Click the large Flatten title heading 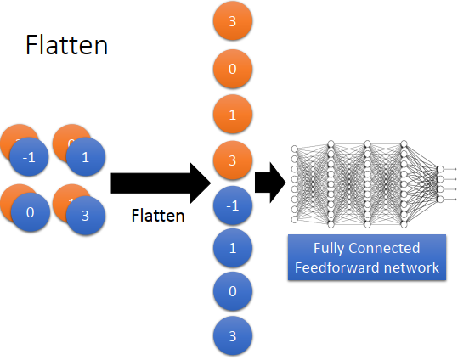click(66, 45)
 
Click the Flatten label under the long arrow click(158, 216)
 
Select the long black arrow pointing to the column click(161, 183)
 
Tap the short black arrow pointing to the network click(270, 183)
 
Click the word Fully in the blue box click(329, 249)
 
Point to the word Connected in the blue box click(384, 248)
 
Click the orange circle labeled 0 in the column click(233, 69)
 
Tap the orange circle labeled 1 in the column click(233, 115)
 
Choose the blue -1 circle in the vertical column click(233, 205)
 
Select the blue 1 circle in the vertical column click(233, 248)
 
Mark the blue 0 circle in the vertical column click(233, 291)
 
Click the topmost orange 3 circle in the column click(233, 21)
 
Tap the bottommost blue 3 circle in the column click(233, 335)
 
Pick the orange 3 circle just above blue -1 click(233, 160)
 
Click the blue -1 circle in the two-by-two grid click(29, 157)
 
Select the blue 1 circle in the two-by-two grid click(86, 157)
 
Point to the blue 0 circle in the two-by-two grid click(31, 212)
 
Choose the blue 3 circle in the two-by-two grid click(86, 216)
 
